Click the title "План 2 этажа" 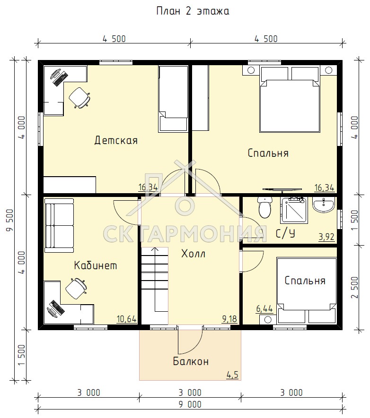click(x=193, y=11)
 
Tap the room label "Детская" click(x=116, y=140)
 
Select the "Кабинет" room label click(x=95, y=265)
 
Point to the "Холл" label click(x=193, y=254)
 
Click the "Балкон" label click(x=191, y=361)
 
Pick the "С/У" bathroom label click(x=285, y=233)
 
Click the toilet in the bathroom click(x=265, y=207)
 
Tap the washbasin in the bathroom click(x=323, y=205)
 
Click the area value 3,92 click(x=326, y=237)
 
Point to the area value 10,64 click(x=126, y=319)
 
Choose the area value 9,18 click(x=229, y=319)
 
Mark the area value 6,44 click(x=264, y=309)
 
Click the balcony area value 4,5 click(x=232, y=375)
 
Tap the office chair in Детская click(x=79, y=98)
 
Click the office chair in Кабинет click(x=76, y=289)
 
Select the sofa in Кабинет click(x=59, y=225)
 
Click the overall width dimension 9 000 click(x=190, y=404)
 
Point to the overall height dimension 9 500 click(x=9, y=220)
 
